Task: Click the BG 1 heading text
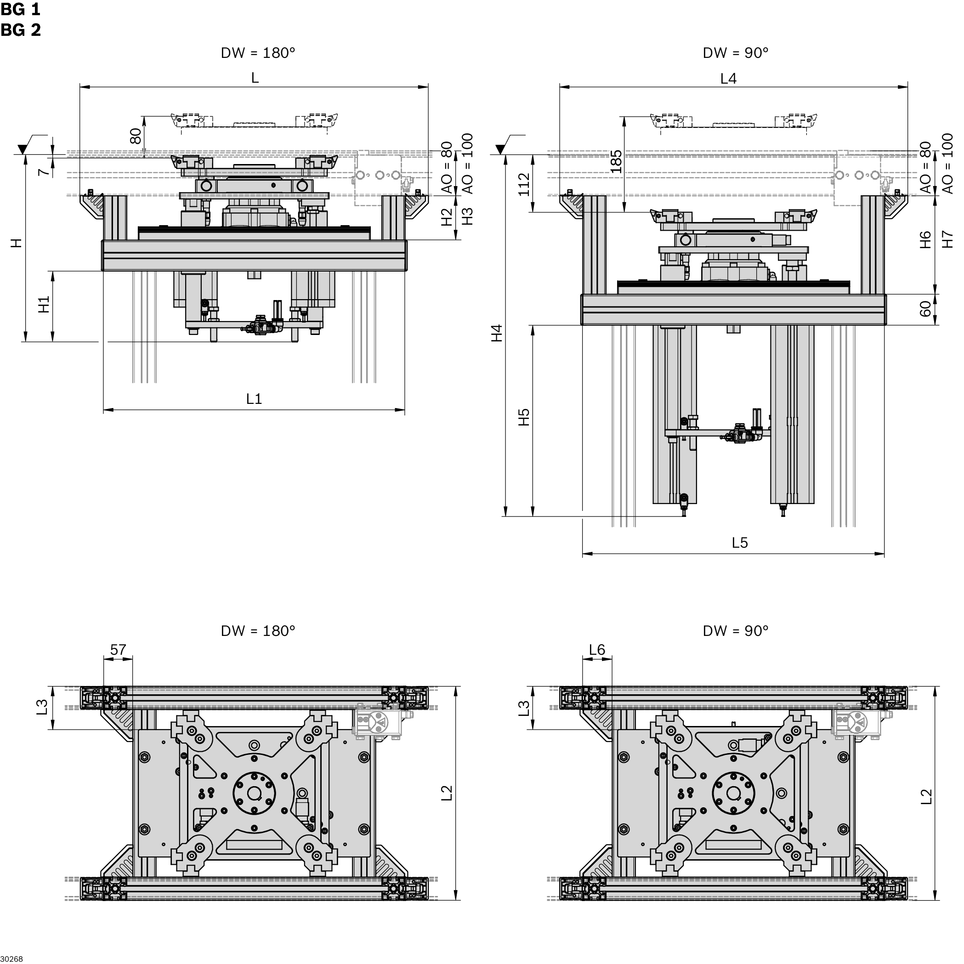(21, 10)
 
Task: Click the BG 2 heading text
(21, 30)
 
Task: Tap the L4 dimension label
(737, 79)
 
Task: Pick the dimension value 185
(624, 163)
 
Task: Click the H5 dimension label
(530, 422)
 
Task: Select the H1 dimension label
(45, 308)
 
